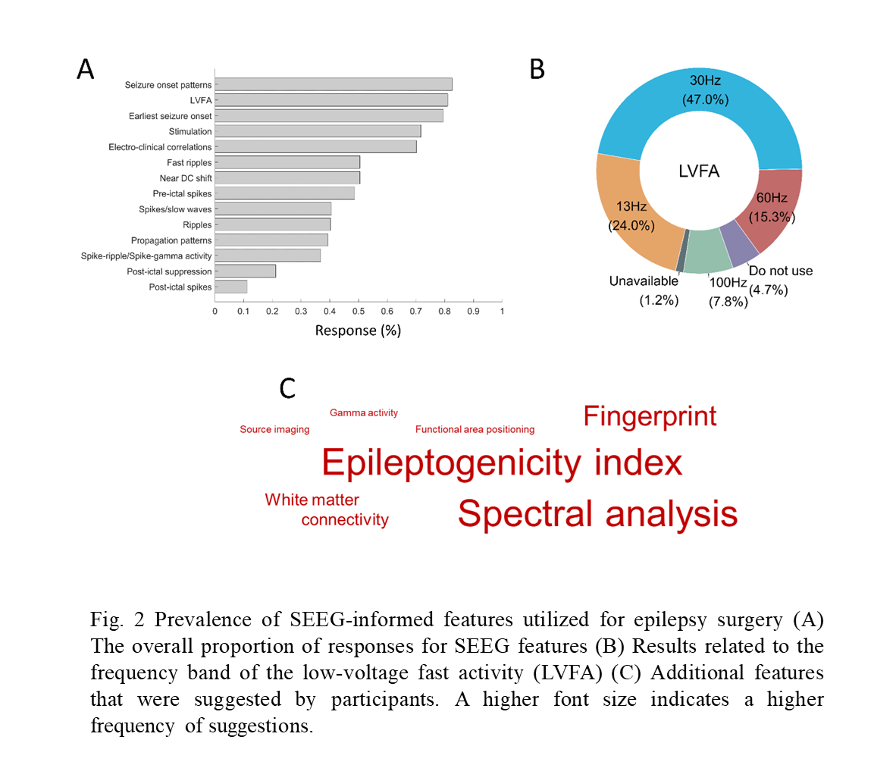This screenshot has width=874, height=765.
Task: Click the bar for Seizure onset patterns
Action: pos(334,84)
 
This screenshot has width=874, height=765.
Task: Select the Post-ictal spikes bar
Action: pos(231,287)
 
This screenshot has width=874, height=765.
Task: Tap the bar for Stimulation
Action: pos(318,131)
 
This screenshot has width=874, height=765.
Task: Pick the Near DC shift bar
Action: pos(287,178)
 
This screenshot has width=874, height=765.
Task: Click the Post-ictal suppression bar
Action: pos(246,271)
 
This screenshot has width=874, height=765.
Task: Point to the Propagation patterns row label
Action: pos(171,240)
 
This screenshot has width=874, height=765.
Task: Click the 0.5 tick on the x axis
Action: pos(359,311)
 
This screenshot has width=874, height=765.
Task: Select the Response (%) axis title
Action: pos(358,331)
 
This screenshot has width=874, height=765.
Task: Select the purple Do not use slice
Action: pos(739,241)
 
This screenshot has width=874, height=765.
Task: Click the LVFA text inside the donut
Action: pos(699,171)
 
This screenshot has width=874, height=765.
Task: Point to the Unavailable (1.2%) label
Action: pos(644,290)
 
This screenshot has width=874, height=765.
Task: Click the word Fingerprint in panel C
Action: pos(650,416)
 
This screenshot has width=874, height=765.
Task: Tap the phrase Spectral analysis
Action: pos(597,513)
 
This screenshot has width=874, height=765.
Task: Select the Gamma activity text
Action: pos(364,412)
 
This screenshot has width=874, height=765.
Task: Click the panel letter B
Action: pos(537,70)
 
